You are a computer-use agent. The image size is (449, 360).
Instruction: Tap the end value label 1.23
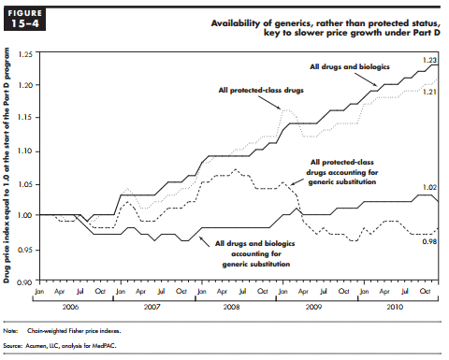tap(429, 60)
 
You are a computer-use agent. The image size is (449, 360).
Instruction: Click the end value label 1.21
tap(429, 93)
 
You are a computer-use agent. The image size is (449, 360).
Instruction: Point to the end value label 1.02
tap(429, 188)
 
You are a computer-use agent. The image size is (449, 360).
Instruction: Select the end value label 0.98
tap(429, 241)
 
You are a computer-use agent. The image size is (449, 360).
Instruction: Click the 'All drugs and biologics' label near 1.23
tap(350, 67)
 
